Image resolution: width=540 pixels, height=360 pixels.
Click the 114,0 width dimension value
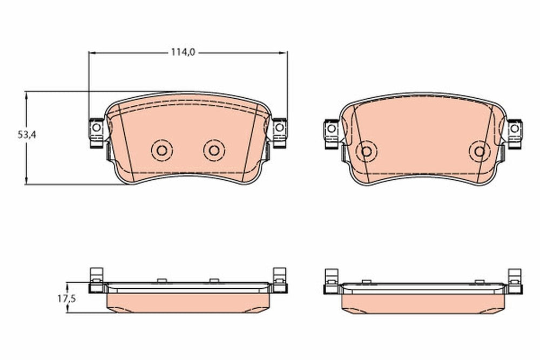(x=183, y=52)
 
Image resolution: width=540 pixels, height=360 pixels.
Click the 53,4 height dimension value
(x=27, y=135)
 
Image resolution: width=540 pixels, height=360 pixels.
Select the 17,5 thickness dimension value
(x=66, y=298)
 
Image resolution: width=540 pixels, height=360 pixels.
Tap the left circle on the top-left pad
(x=162, y=151)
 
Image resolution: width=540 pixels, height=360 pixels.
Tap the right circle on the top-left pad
(x=214, y=151)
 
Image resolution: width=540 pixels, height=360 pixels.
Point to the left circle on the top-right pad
(x=367, y=151)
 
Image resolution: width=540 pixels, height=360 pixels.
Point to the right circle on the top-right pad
(x=480, y=151)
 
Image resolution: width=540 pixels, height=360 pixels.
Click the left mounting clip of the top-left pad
(x=97, y=133)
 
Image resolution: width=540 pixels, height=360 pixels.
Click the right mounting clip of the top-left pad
(x=279, y=133)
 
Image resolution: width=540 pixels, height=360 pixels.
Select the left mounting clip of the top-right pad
(x=332, y=134)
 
